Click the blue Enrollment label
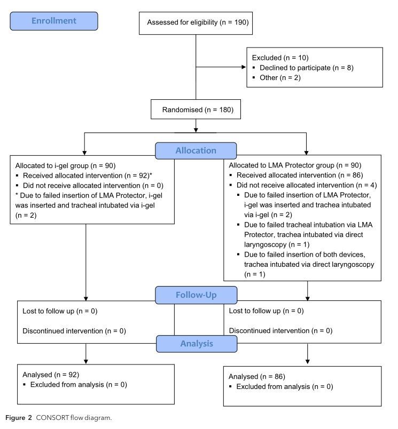point(54,21)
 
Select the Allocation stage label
point(196,151)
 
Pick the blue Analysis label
point(196,344)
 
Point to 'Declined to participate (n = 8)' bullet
point(306,68)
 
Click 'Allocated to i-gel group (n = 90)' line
point(66,165)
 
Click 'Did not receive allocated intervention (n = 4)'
point(303,185)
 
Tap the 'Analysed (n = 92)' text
point(51,375)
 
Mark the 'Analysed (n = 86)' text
point(257,377)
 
